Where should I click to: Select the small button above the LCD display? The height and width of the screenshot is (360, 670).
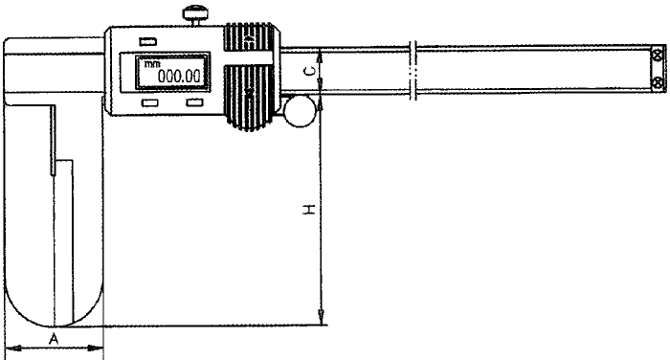(147, 41)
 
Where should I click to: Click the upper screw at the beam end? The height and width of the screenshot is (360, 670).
(657, 58)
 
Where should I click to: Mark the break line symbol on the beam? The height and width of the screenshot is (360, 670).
(413, 71)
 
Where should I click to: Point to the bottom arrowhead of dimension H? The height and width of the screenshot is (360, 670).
(322, 319)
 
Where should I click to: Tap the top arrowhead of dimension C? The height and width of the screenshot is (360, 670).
(322, 55)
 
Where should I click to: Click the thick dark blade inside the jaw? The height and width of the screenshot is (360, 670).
(52, 140)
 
